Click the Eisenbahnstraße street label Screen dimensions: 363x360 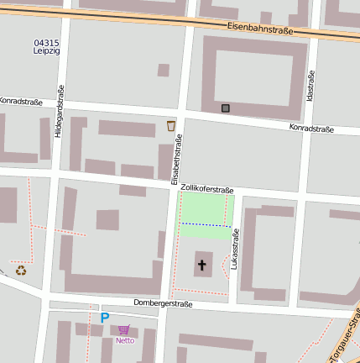click(x=259, y=29)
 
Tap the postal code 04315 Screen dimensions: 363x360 click(x=46, y=42)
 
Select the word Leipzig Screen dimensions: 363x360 click(x=46, y=50)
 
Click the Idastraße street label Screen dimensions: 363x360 click(x=310, y=85)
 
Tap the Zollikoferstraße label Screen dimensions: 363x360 click(x=206, y=190)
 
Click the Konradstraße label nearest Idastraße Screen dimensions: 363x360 click(x=311, y=129)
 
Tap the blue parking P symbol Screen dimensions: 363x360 click(x=105, y=318)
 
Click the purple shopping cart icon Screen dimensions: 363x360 click(x=124, y=329)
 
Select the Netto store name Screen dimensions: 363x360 click(x=125, y=340)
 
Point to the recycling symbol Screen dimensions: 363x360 click(x=21, y=270)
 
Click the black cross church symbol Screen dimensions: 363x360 click(x=201, y=266)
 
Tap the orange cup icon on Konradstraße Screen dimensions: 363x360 click(x=171, y=126)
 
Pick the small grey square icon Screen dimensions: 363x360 click(x=225, y=108)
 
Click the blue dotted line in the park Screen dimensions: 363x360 click(x=206, y=224)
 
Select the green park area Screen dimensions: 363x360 click(x=206, y=210)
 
